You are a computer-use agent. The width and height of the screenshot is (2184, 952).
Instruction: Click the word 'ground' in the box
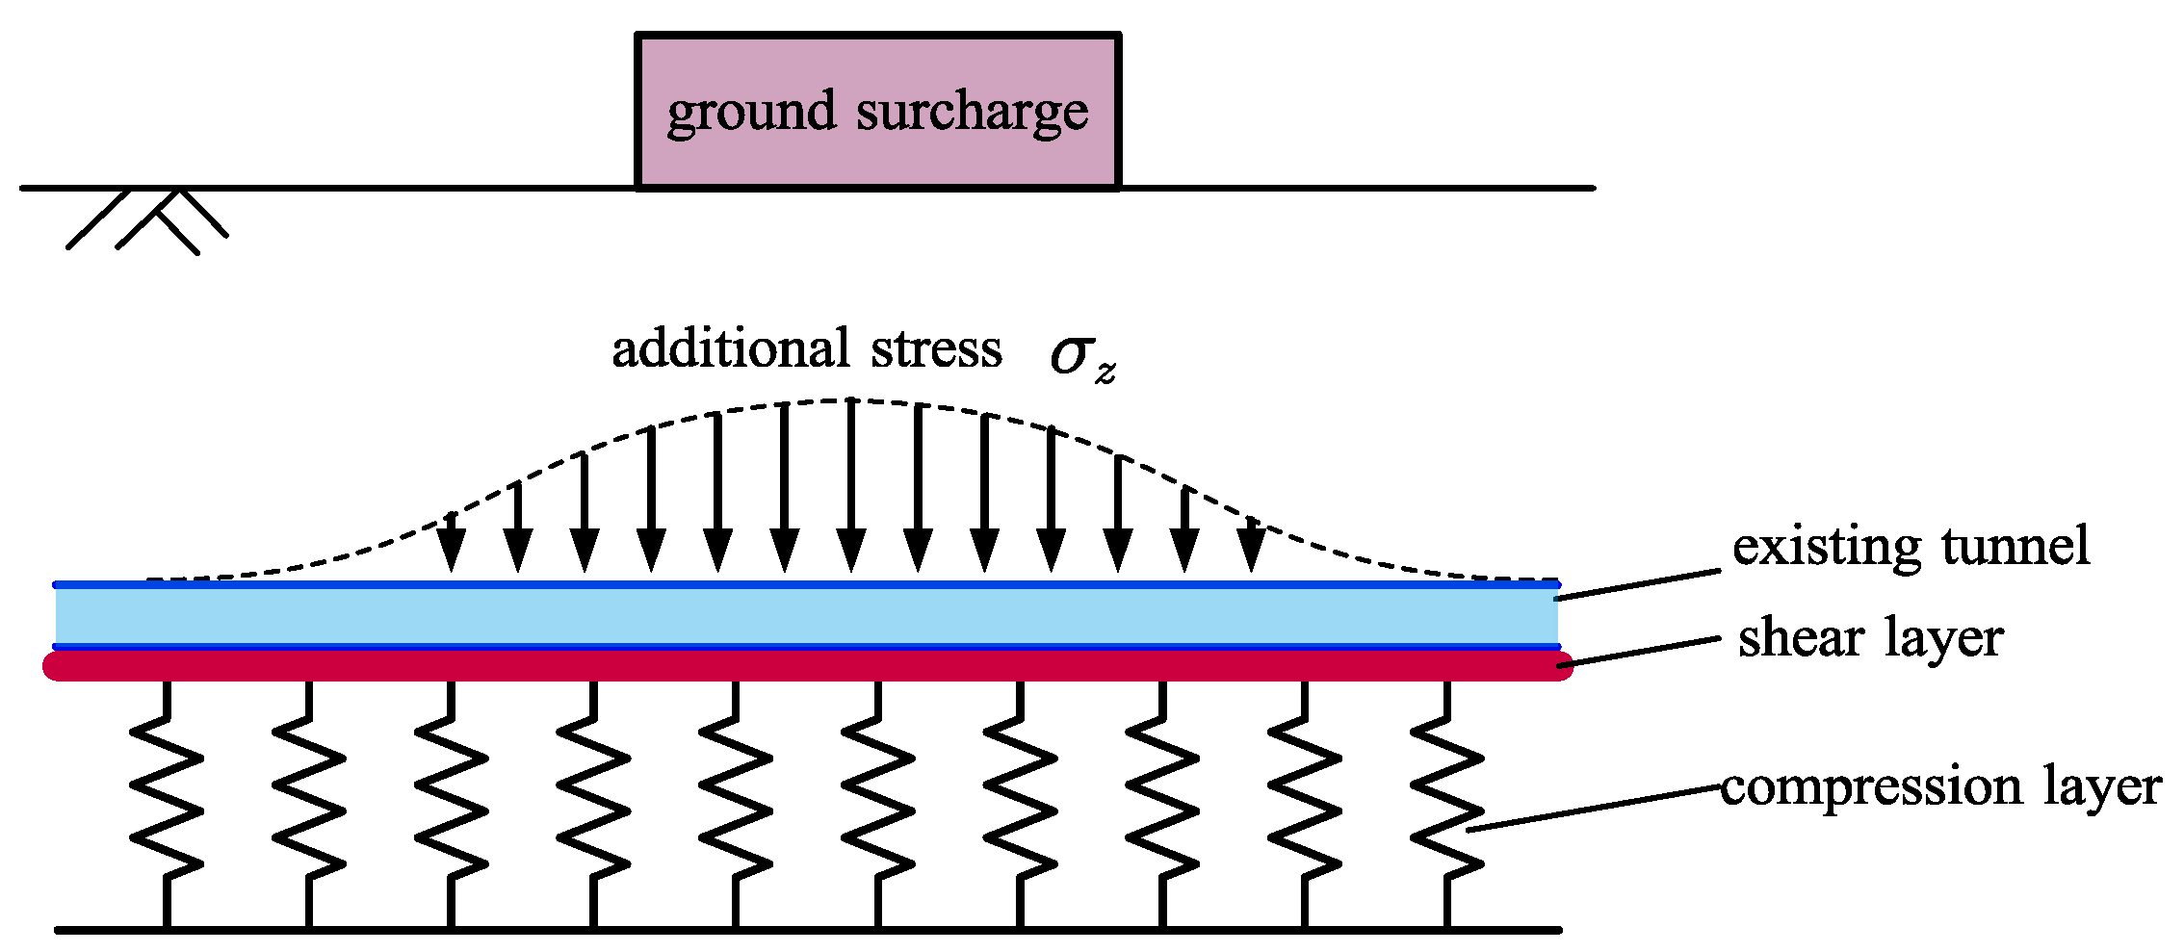click(x=750, y=113)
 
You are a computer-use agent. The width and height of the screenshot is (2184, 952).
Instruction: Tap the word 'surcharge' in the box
click(x=972, y=113)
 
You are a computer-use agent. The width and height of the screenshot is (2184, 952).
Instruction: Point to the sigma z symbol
click(x=1081, y=357)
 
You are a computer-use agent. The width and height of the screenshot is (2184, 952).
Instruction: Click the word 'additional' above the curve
click(x=731, y=348)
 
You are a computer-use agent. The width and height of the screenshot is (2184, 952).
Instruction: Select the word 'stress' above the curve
click(x=936, y=348)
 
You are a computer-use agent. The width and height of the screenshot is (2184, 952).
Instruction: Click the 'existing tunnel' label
click(x=1911, y=547)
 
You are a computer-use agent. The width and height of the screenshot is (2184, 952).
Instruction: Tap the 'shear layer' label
click(x=1870, y=638)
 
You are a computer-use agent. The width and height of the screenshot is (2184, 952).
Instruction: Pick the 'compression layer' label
click(x=1940, y=786)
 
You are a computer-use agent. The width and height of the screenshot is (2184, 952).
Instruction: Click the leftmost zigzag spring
click(x=167, y=804)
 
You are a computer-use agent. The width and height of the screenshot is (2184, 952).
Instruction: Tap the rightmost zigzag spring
click(x=1446, y=804)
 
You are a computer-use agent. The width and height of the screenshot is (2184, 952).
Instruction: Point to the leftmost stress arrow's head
click(x=451, y=552)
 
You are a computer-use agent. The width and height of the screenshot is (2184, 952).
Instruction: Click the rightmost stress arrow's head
click(x=1251, y=552)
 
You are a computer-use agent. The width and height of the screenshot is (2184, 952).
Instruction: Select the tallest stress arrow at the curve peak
click(x=851, y=481)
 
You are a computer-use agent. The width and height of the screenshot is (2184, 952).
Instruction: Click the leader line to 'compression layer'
click(x=1594, y=810)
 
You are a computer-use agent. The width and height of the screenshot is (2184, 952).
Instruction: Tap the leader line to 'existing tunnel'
click(x=1637, y=585)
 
